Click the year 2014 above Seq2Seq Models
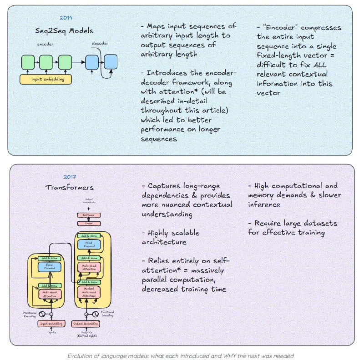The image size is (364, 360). coord(66,18)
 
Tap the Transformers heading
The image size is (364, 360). coord(70,187)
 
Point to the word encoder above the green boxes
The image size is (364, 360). coord(45,45)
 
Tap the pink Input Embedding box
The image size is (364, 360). coord(50,324)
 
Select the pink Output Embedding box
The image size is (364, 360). coord(85,324)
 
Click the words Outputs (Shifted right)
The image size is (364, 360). coord(85,335)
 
